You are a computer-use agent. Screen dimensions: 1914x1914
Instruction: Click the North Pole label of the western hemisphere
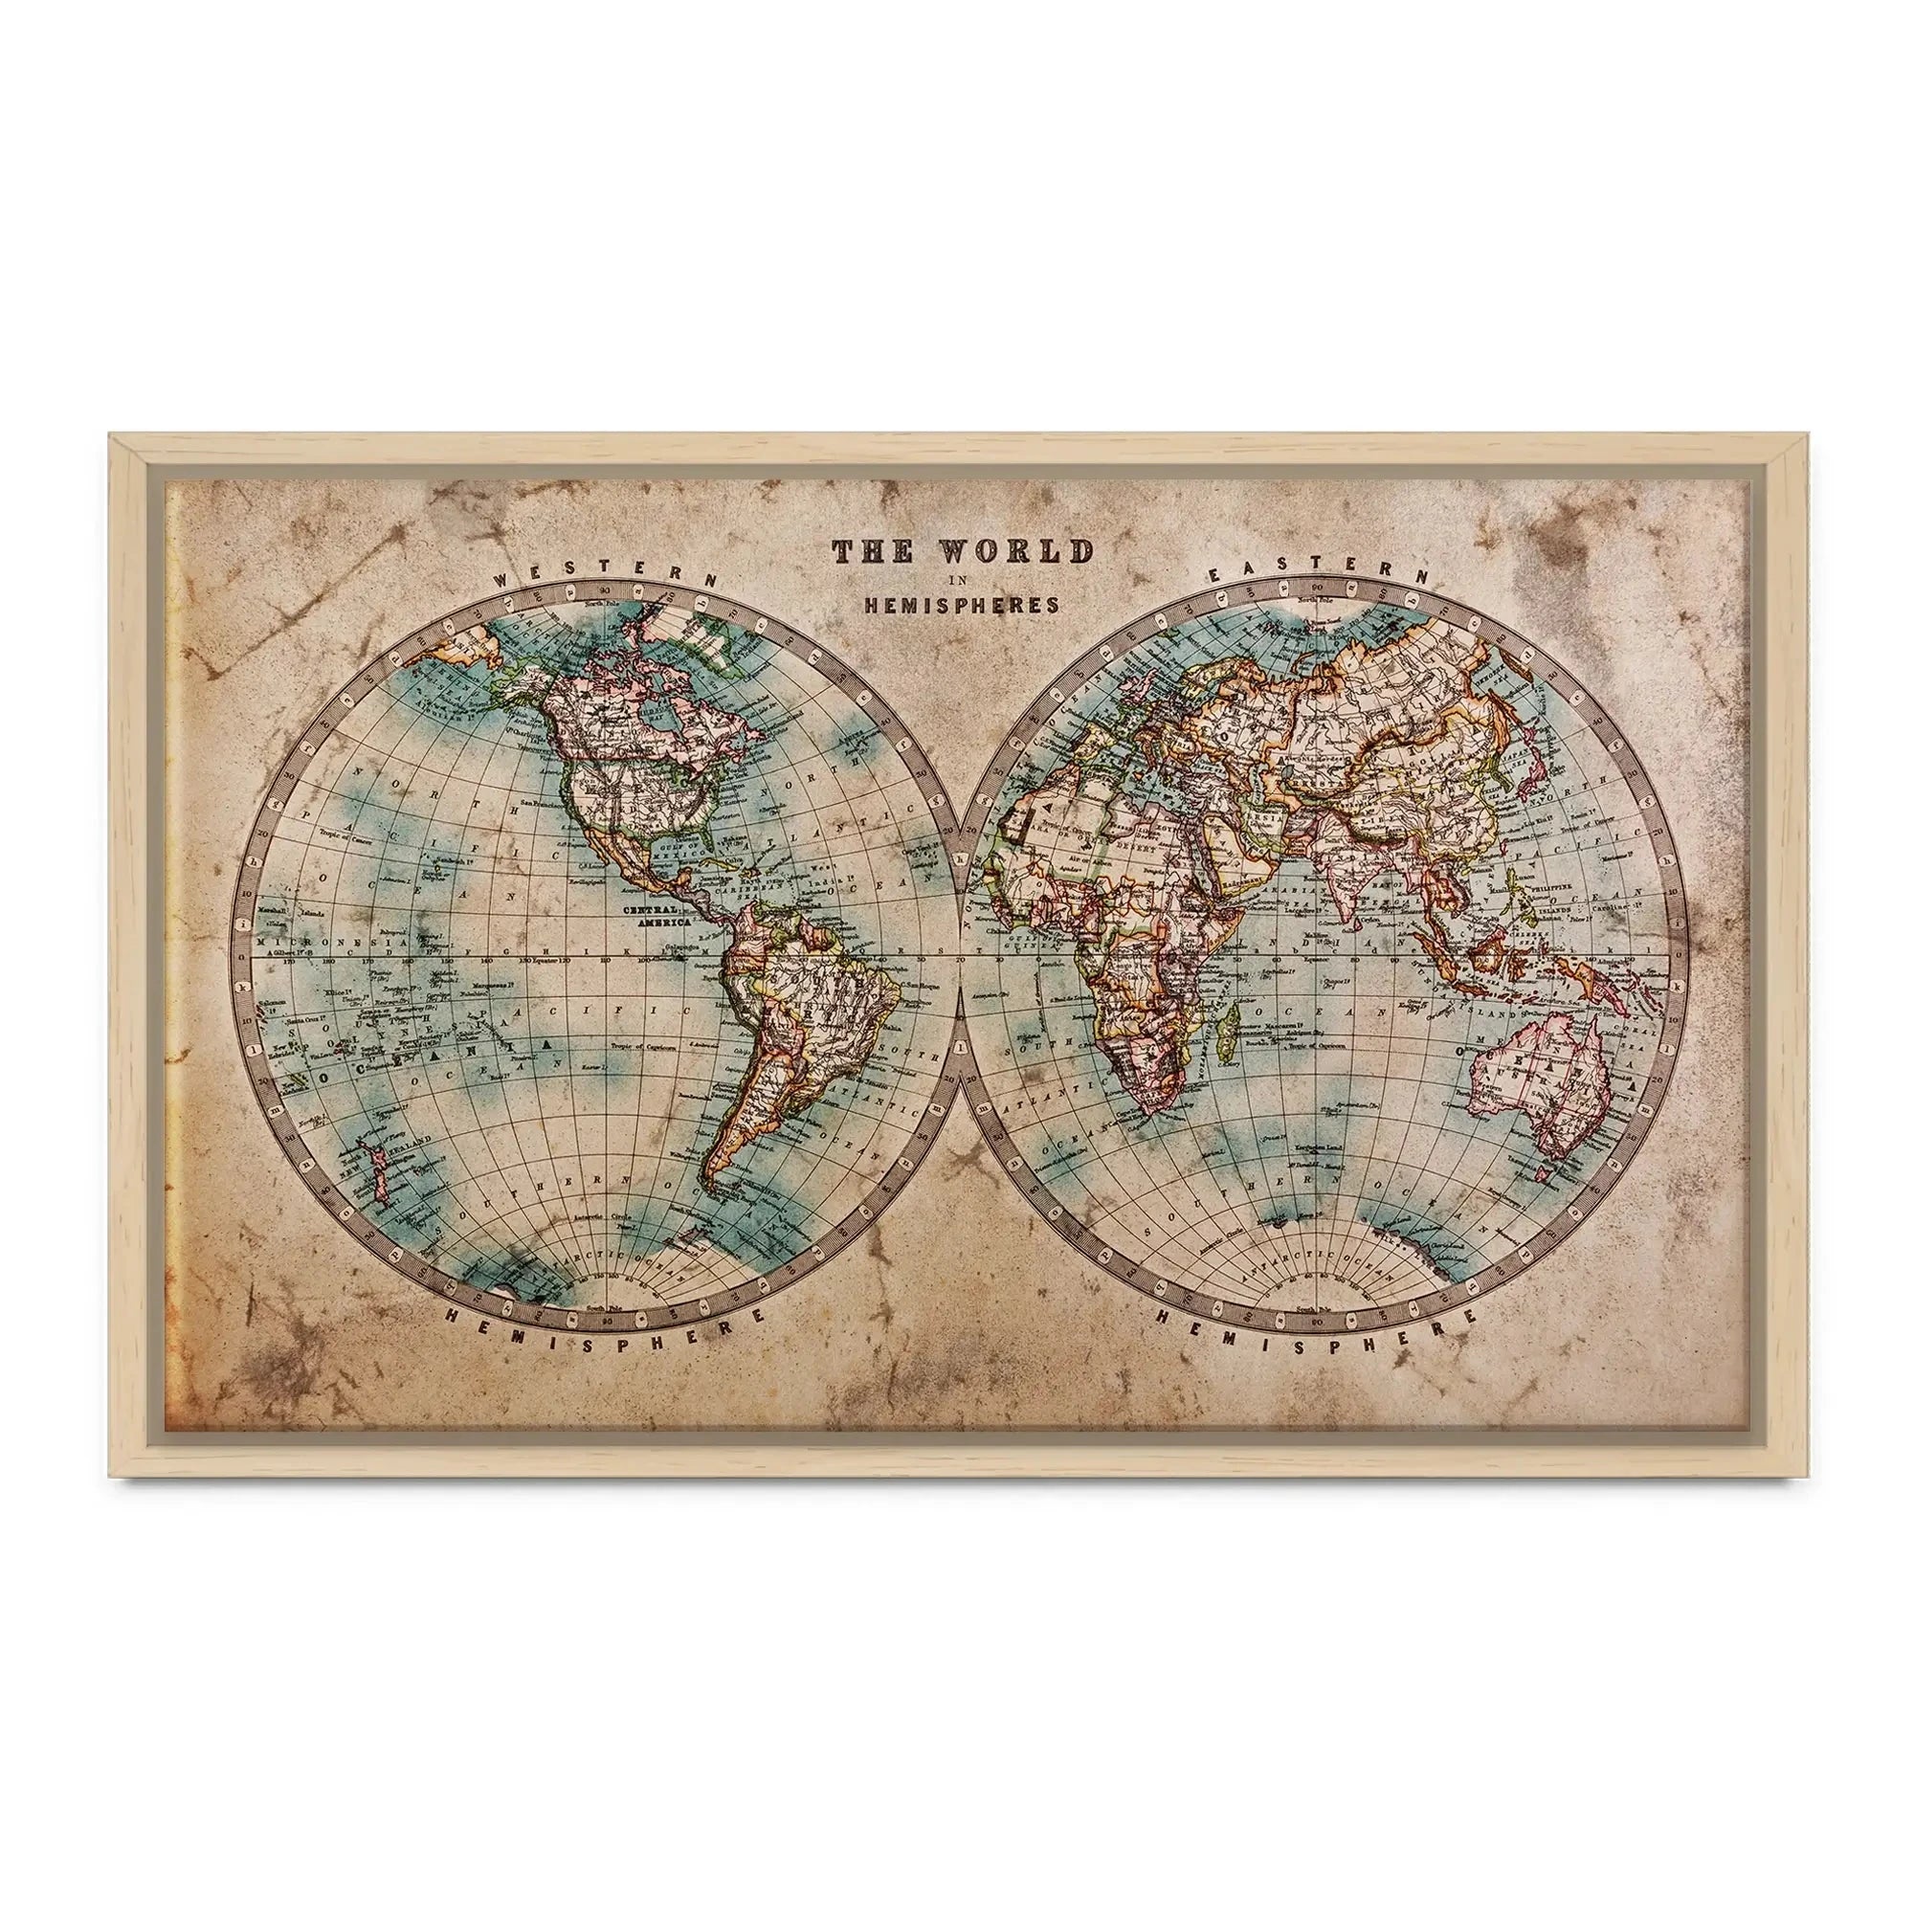tap(602, 603)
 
